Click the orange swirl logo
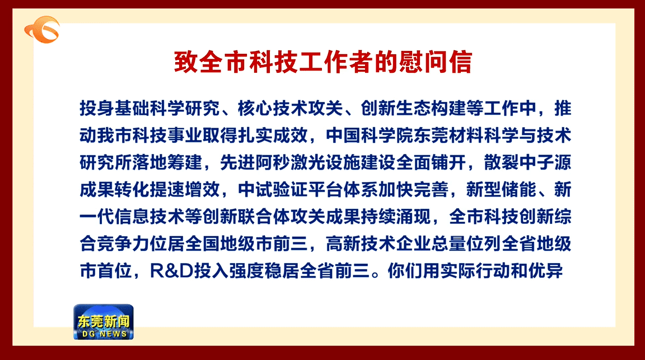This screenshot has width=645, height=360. (x=42, y=30)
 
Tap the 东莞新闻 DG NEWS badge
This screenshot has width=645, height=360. (x=103, y=322)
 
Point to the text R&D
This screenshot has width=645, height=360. (x=171, y=271)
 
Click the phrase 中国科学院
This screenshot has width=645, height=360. (x=370, y=135)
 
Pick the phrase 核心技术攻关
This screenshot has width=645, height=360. (x=291, y=108)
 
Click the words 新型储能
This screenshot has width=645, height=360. (x=502, y=190)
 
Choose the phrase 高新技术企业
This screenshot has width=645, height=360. (x=370, y=244)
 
